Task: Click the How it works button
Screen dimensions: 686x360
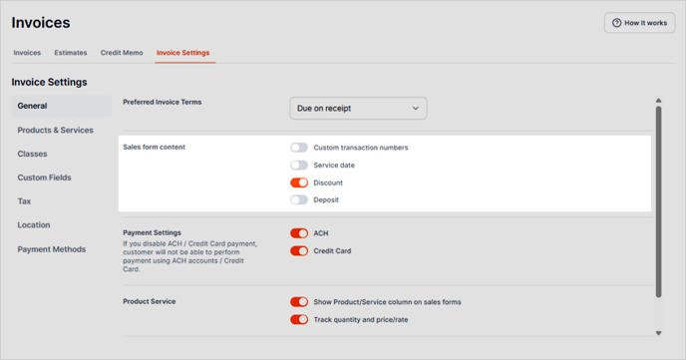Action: pyautogui.click(x=639, y=23)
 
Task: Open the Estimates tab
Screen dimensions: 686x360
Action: pyautogui.click(x=71, y=53)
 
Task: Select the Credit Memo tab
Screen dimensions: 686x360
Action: pyautogui.click(x=122, y=53)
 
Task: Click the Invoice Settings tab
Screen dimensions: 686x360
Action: pyautogui.click(x=182, y=53)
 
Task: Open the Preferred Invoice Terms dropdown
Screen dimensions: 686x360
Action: pyautogui.click(x=358, y=108)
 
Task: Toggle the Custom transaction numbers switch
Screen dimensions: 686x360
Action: pyautogui.click(x=299, y=148)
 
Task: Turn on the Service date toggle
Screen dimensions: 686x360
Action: pyautogui.click(x=299, y=165)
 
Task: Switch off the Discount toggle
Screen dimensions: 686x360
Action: pyautogui.click(x=299, y=182)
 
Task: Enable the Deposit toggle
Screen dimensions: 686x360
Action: pyautogui.click(x=299, y=199)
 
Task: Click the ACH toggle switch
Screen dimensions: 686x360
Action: pyautogui.click(x=299, y=233)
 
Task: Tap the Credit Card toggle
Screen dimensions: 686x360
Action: pyautogui.click(x=299, y=250)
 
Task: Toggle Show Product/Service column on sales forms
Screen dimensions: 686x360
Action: pyautogui.click(x=299, y=302)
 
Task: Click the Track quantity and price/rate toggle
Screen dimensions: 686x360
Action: pyautogui.click(x=299, y=319)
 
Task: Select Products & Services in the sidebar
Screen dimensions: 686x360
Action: pyautogui.click(x=55, y=130)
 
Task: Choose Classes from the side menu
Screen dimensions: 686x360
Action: pyautogui.click(x=32, y=154)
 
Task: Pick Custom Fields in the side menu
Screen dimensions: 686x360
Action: pyautogui.click(x=44, y=178)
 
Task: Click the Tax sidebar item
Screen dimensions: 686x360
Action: pyautogui.click(x=24, y=201)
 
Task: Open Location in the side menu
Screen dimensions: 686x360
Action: pyautogui.click(x=34, y=224)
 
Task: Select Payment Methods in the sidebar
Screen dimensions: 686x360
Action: pyautogui.click(x=52, y=249)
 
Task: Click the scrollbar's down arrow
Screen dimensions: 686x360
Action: pyautogui.click(x=658, y=333)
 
